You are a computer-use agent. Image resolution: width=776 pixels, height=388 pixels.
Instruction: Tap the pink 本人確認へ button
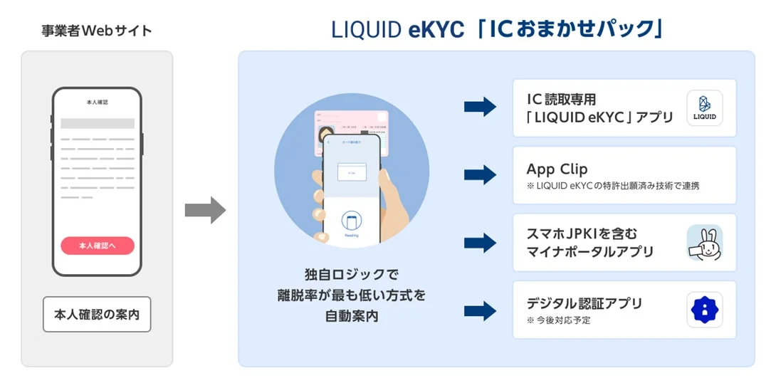97,246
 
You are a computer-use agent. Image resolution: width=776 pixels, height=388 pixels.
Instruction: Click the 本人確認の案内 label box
97,314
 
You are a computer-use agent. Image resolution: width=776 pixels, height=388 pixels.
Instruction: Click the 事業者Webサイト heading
97,31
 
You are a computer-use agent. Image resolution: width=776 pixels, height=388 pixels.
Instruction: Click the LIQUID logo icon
704,108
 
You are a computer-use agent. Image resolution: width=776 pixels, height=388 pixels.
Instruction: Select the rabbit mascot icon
704,243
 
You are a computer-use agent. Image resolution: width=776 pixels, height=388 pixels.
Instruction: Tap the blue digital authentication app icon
704,310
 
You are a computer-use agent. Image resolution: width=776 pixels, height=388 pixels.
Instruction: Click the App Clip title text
557,169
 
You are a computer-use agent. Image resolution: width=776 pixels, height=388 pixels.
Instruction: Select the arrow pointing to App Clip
480,175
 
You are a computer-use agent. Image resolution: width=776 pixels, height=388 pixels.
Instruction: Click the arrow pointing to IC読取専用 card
480,108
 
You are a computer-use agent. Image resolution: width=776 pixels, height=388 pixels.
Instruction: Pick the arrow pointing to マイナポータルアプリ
480,243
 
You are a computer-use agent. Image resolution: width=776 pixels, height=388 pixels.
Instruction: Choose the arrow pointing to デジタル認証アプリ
480,310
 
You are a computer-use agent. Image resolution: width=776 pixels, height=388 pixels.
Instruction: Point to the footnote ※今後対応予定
559,320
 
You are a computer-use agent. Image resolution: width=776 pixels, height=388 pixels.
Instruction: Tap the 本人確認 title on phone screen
96,103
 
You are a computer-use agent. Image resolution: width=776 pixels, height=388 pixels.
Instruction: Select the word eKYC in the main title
429,29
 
